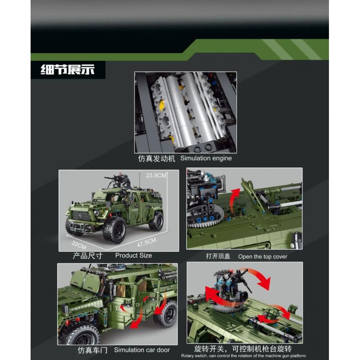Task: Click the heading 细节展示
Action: [68, 69]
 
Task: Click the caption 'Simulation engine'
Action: [206, 158]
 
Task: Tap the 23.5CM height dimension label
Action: [156, 175]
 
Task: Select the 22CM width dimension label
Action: [79, 245]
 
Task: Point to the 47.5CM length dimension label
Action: [147, 243]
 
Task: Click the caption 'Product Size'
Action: [134, 255]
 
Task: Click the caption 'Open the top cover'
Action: [263, 256]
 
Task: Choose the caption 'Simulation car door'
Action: [142, 350]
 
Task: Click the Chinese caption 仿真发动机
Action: [157, 158]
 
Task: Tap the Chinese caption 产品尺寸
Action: [87, 256]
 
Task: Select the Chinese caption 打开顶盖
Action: [218, 256]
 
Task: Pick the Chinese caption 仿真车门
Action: [93, 350]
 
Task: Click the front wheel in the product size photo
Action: [115, 230]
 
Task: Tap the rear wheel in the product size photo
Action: [157, 221]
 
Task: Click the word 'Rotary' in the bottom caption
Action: [187, 356]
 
